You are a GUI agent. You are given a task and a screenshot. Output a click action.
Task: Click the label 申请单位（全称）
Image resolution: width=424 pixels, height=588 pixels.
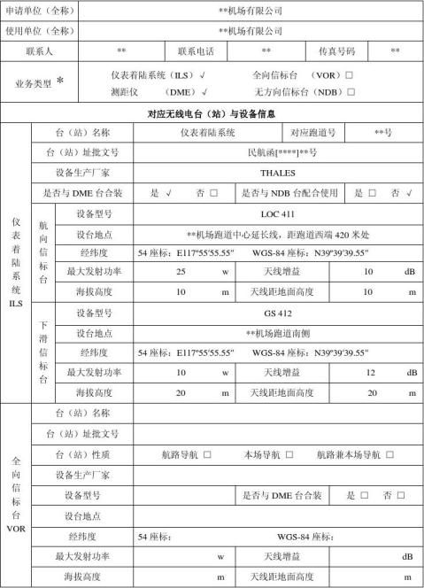pos(40,11)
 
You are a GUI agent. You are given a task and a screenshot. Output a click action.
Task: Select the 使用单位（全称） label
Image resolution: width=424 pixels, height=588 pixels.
pos(40,31)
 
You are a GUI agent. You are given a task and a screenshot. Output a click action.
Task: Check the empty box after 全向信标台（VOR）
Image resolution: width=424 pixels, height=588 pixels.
pos(350,76)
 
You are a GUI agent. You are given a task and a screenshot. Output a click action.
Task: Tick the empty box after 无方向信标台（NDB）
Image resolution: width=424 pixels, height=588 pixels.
pos(351,91)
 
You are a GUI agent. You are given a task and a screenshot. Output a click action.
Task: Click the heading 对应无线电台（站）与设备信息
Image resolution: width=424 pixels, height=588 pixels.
pos(212,113)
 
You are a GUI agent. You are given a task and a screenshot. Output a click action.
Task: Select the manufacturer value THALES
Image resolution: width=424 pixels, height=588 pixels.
pos(278,173)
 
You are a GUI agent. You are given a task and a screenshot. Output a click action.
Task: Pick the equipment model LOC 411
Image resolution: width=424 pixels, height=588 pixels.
pos(278,213)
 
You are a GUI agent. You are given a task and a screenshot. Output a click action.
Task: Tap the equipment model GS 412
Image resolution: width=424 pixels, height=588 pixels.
pos(278,313)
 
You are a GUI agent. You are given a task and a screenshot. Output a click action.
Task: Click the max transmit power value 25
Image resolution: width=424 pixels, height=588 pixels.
pos(181,272)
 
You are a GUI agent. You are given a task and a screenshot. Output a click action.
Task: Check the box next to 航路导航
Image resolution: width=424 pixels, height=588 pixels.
pos(207,454)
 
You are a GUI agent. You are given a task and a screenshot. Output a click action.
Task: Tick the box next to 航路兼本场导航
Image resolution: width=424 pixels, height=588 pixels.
pos(389,454)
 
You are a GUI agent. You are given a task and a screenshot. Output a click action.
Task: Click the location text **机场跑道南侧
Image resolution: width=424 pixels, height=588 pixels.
pos(278,333)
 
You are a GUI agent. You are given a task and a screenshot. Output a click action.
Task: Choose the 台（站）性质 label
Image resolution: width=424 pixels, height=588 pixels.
pos(82,454)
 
